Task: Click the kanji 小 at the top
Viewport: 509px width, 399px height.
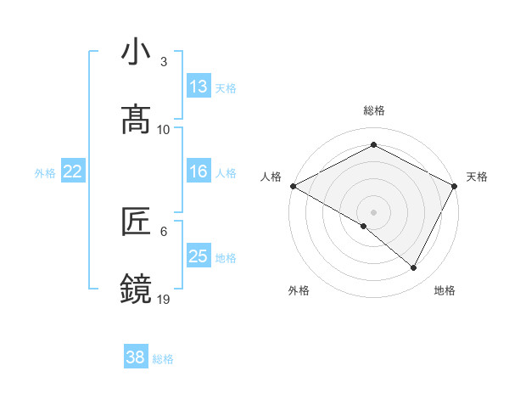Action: pyautogui.click(x=136, y=52)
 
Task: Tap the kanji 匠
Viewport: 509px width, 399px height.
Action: pyautogui.click(x=136, y=222)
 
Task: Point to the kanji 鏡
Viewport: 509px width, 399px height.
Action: pyautogui.click(x=136, y=289)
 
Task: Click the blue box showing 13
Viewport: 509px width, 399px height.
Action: pyautogui.click(x=199, y=87)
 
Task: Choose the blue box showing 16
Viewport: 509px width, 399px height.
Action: pyautogui.click(x=199, y=172)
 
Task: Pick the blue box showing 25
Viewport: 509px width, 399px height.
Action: pyautogui.click(x=199, y=256)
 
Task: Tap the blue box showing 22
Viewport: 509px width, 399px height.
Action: pyautogui.click(x=73, y=172)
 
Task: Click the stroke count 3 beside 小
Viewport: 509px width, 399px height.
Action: pyautogui.click(x=164, y=62)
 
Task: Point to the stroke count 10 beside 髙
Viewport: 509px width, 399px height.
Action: pyautogui.click(x=164, y=129)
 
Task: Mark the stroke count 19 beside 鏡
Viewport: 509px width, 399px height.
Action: pyautogui.click(x=164, y=299)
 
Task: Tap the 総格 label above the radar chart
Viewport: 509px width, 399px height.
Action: pyautogui.click(x=374, y=110)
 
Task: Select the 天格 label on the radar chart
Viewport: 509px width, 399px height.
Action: pyautogui.click(x=477, y=177)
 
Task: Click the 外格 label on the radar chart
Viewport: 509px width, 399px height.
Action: pyautogui.click(x=299, y=290)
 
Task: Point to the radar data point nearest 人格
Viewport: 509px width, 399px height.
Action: pyautogui.click(x=293, y=185)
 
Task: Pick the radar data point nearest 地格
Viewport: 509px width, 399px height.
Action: pyautogui.click(x=414, y=267)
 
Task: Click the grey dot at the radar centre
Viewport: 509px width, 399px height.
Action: pyautogui.click(x=374, y=211)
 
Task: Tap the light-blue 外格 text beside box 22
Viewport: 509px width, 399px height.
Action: pyautogui.click(x=45, y=173)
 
